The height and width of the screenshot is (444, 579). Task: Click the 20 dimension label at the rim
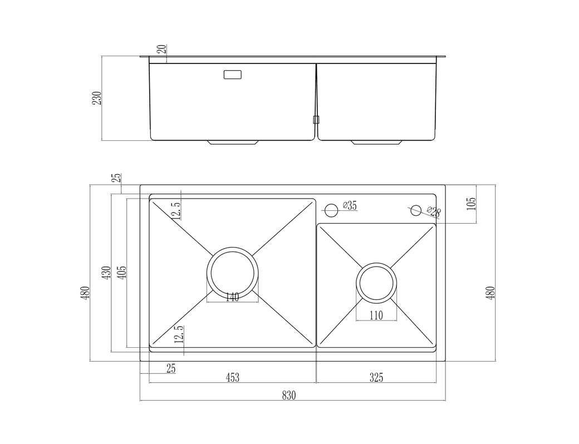(163, 48)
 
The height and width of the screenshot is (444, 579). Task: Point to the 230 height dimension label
(97, 98)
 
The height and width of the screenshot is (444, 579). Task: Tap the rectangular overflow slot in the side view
(233, 74)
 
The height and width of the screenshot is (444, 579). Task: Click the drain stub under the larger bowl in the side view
(233, 142)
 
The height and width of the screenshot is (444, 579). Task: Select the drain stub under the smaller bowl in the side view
(377, 142)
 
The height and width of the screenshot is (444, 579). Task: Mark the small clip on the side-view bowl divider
(316, 120)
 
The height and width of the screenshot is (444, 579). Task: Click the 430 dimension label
(107, 273)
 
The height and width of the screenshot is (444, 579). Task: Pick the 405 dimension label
(123, 273)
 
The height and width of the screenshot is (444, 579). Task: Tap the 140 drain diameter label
(232, 297)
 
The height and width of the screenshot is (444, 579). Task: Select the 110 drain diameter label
(376, 315)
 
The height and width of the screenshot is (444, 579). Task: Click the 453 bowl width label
(232, 377)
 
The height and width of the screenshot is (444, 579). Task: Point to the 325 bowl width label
(376, 377)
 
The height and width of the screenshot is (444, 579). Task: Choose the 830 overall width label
(289, 395)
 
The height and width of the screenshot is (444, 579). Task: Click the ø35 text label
(350, 205)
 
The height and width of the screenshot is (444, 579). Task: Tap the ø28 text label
(434, 211)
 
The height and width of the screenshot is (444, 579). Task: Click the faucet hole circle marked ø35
(331, 210)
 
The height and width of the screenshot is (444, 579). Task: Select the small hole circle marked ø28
(416, 210)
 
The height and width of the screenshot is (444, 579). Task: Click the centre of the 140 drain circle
(232, 273)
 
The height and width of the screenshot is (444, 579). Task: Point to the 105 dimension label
(472, 204)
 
